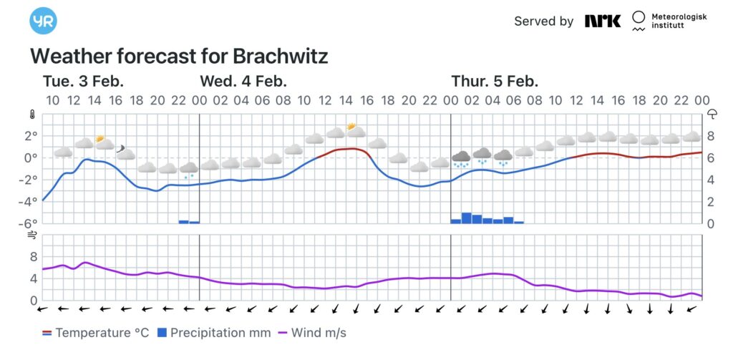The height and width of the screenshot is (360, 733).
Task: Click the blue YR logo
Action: click(x=43, y=21)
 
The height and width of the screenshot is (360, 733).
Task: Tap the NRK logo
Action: click(x=602, y=21)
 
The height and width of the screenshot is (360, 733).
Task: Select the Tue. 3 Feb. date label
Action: click(x=83, y=81)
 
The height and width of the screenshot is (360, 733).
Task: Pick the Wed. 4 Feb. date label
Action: click(x=243, y=81)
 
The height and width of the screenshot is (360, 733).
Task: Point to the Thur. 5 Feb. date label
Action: click(x=495, y=81)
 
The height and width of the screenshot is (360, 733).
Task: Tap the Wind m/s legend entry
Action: click(x=314, y=333)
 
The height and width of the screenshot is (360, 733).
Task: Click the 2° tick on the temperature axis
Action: click(x=31, y=136)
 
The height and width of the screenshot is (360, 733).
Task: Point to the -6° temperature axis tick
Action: click(x=29, y=223)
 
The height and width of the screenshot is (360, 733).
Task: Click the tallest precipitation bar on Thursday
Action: click(x=467, y=218)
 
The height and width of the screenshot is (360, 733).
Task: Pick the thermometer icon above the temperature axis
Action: click(x=32, y=114)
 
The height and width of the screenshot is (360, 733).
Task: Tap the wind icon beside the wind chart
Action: click(x=32, y=234)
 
